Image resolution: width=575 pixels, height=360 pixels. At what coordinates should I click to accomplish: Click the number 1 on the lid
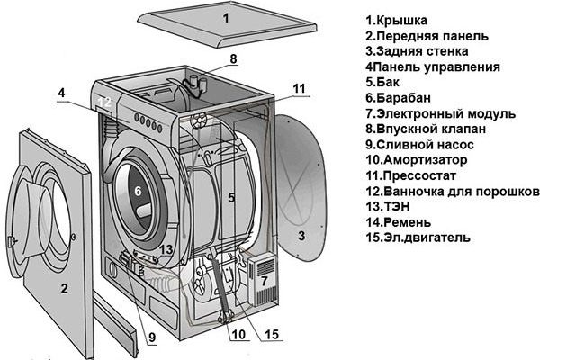click(x=226, y=18)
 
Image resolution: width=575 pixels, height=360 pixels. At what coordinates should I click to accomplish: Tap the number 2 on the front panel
click(x=64, y=289)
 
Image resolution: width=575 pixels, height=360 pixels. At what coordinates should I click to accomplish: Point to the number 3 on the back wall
click(x=301, y=236)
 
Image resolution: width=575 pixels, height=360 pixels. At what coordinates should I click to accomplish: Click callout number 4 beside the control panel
click(x=61, y=93)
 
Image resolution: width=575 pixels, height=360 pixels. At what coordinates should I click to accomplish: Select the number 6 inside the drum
click(x=138, y=191)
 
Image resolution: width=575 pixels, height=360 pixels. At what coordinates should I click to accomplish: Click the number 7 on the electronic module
click(x=265, y=281)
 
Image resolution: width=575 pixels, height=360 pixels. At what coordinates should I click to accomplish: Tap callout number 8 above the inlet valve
click(x=234, y=59)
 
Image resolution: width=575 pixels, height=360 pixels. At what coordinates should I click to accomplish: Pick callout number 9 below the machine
click(x=152, y=337)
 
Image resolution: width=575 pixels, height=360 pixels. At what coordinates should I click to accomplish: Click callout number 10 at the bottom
click(x=238, y=334)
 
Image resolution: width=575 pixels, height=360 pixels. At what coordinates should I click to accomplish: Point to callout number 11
click(x=300, y=88)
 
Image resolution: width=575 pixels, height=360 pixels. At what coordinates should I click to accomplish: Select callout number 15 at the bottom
click(x=272, y=334)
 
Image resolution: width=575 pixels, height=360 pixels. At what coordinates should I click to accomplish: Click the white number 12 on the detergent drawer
click(x=104, y=102)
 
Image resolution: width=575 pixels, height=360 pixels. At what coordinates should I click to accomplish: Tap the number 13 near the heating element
click(x=166, y=249)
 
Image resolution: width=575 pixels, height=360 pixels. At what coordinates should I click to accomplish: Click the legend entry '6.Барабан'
click(x=399, y=98)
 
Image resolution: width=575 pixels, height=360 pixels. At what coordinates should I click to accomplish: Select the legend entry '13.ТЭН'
click(x=388, y=207)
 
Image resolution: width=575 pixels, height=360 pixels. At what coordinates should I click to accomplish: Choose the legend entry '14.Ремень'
click(x=399, y=222)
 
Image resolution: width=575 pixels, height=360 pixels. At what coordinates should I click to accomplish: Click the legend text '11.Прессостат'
click(x=410, y=175)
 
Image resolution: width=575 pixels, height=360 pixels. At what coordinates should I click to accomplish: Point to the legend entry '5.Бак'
click(x=382, y=82)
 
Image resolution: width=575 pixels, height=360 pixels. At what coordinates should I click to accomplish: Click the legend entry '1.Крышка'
click(x=397, y=20)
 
